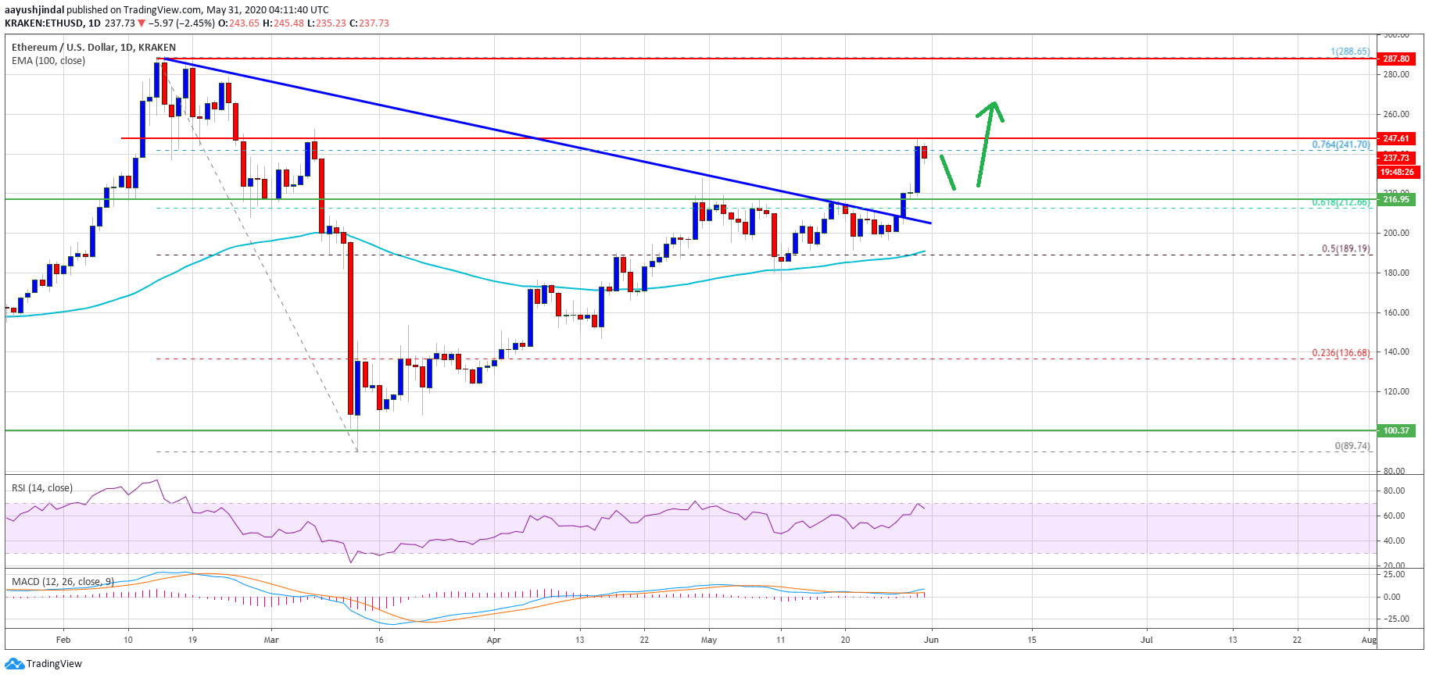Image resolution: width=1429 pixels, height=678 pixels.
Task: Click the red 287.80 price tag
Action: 1395,59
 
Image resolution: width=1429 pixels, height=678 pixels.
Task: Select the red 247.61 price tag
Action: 1395,138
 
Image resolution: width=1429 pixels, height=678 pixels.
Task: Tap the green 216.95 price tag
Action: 1395,199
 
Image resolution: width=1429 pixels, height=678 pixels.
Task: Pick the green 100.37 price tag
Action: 1395,430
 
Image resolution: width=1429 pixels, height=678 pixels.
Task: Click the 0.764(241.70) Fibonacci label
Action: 1341,145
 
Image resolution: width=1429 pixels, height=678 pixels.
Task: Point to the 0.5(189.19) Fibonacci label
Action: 1345,249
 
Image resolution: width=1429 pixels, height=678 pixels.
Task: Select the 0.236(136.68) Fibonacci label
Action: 1341,353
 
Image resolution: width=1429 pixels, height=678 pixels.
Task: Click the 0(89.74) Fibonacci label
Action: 1352,446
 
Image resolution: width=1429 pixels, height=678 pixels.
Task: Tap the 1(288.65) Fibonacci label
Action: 1350,52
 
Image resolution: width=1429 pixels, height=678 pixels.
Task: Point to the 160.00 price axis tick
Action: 1395,312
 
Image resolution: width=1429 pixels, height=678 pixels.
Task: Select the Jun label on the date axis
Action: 931,640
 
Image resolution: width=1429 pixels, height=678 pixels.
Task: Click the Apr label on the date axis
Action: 493,640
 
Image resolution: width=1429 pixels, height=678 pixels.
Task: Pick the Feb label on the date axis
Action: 63,640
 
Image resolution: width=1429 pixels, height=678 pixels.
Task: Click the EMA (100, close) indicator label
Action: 48,61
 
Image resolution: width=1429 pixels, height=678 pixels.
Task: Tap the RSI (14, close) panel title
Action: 42,488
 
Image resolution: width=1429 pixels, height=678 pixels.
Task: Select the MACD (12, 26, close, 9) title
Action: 63,582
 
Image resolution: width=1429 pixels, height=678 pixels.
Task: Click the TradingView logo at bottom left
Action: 44,664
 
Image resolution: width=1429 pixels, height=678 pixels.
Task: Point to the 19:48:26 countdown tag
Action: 1396,172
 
